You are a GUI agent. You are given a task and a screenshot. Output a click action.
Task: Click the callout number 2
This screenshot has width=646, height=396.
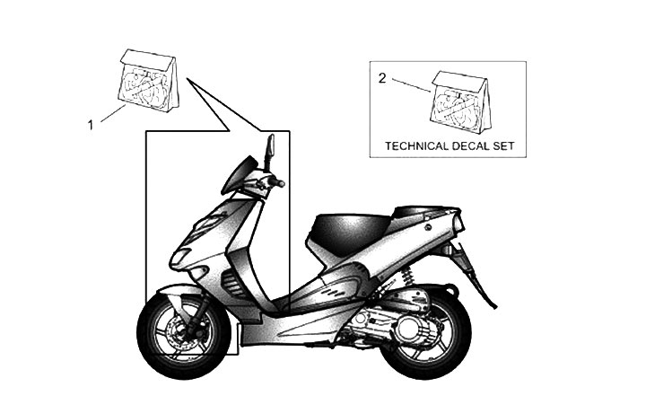tap(382, 78)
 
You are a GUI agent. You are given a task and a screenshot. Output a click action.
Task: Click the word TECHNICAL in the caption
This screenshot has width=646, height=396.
tap(419, 145)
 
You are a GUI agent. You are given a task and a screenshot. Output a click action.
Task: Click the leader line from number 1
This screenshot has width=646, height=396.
tap(112, 114)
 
